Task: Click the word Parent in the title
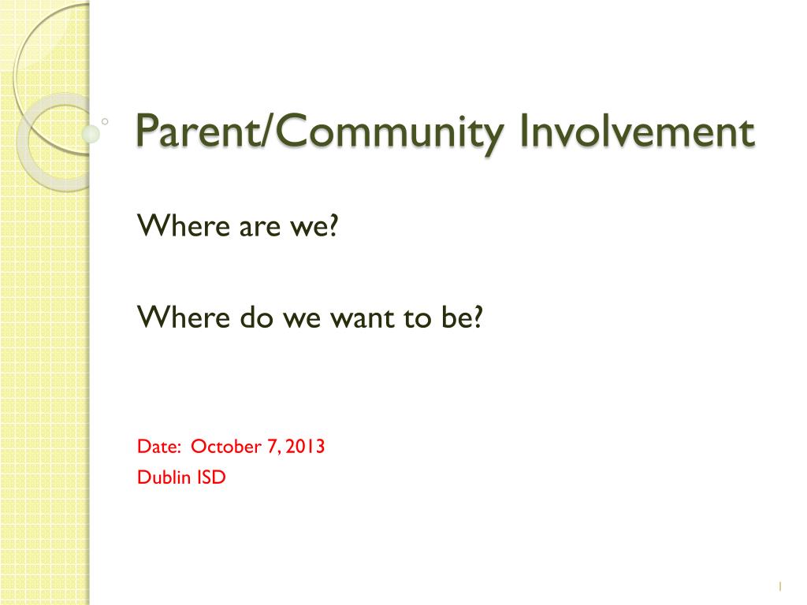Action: coord(199,131)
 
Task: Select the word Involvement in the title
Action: coord(637,131)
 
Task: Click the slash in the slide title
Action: coord(268,131)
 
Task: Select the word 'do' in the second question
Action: coord(256,317)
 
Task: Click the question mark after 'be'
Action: coord(477,317)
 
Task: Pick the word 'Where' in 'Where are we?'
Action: coord(183,226)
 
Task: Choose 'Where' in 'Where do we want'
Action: coord(183,317)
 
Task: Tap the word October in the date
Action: coord(226,447)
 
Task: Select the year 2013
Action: coord(305,447)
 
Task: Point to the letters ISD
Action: coord(211,477)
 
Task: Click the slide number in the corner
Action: coord(780,586)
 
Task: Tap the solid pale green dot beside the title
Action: coord(91,134)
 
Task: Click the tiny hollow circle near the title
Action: coord(105,122)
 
